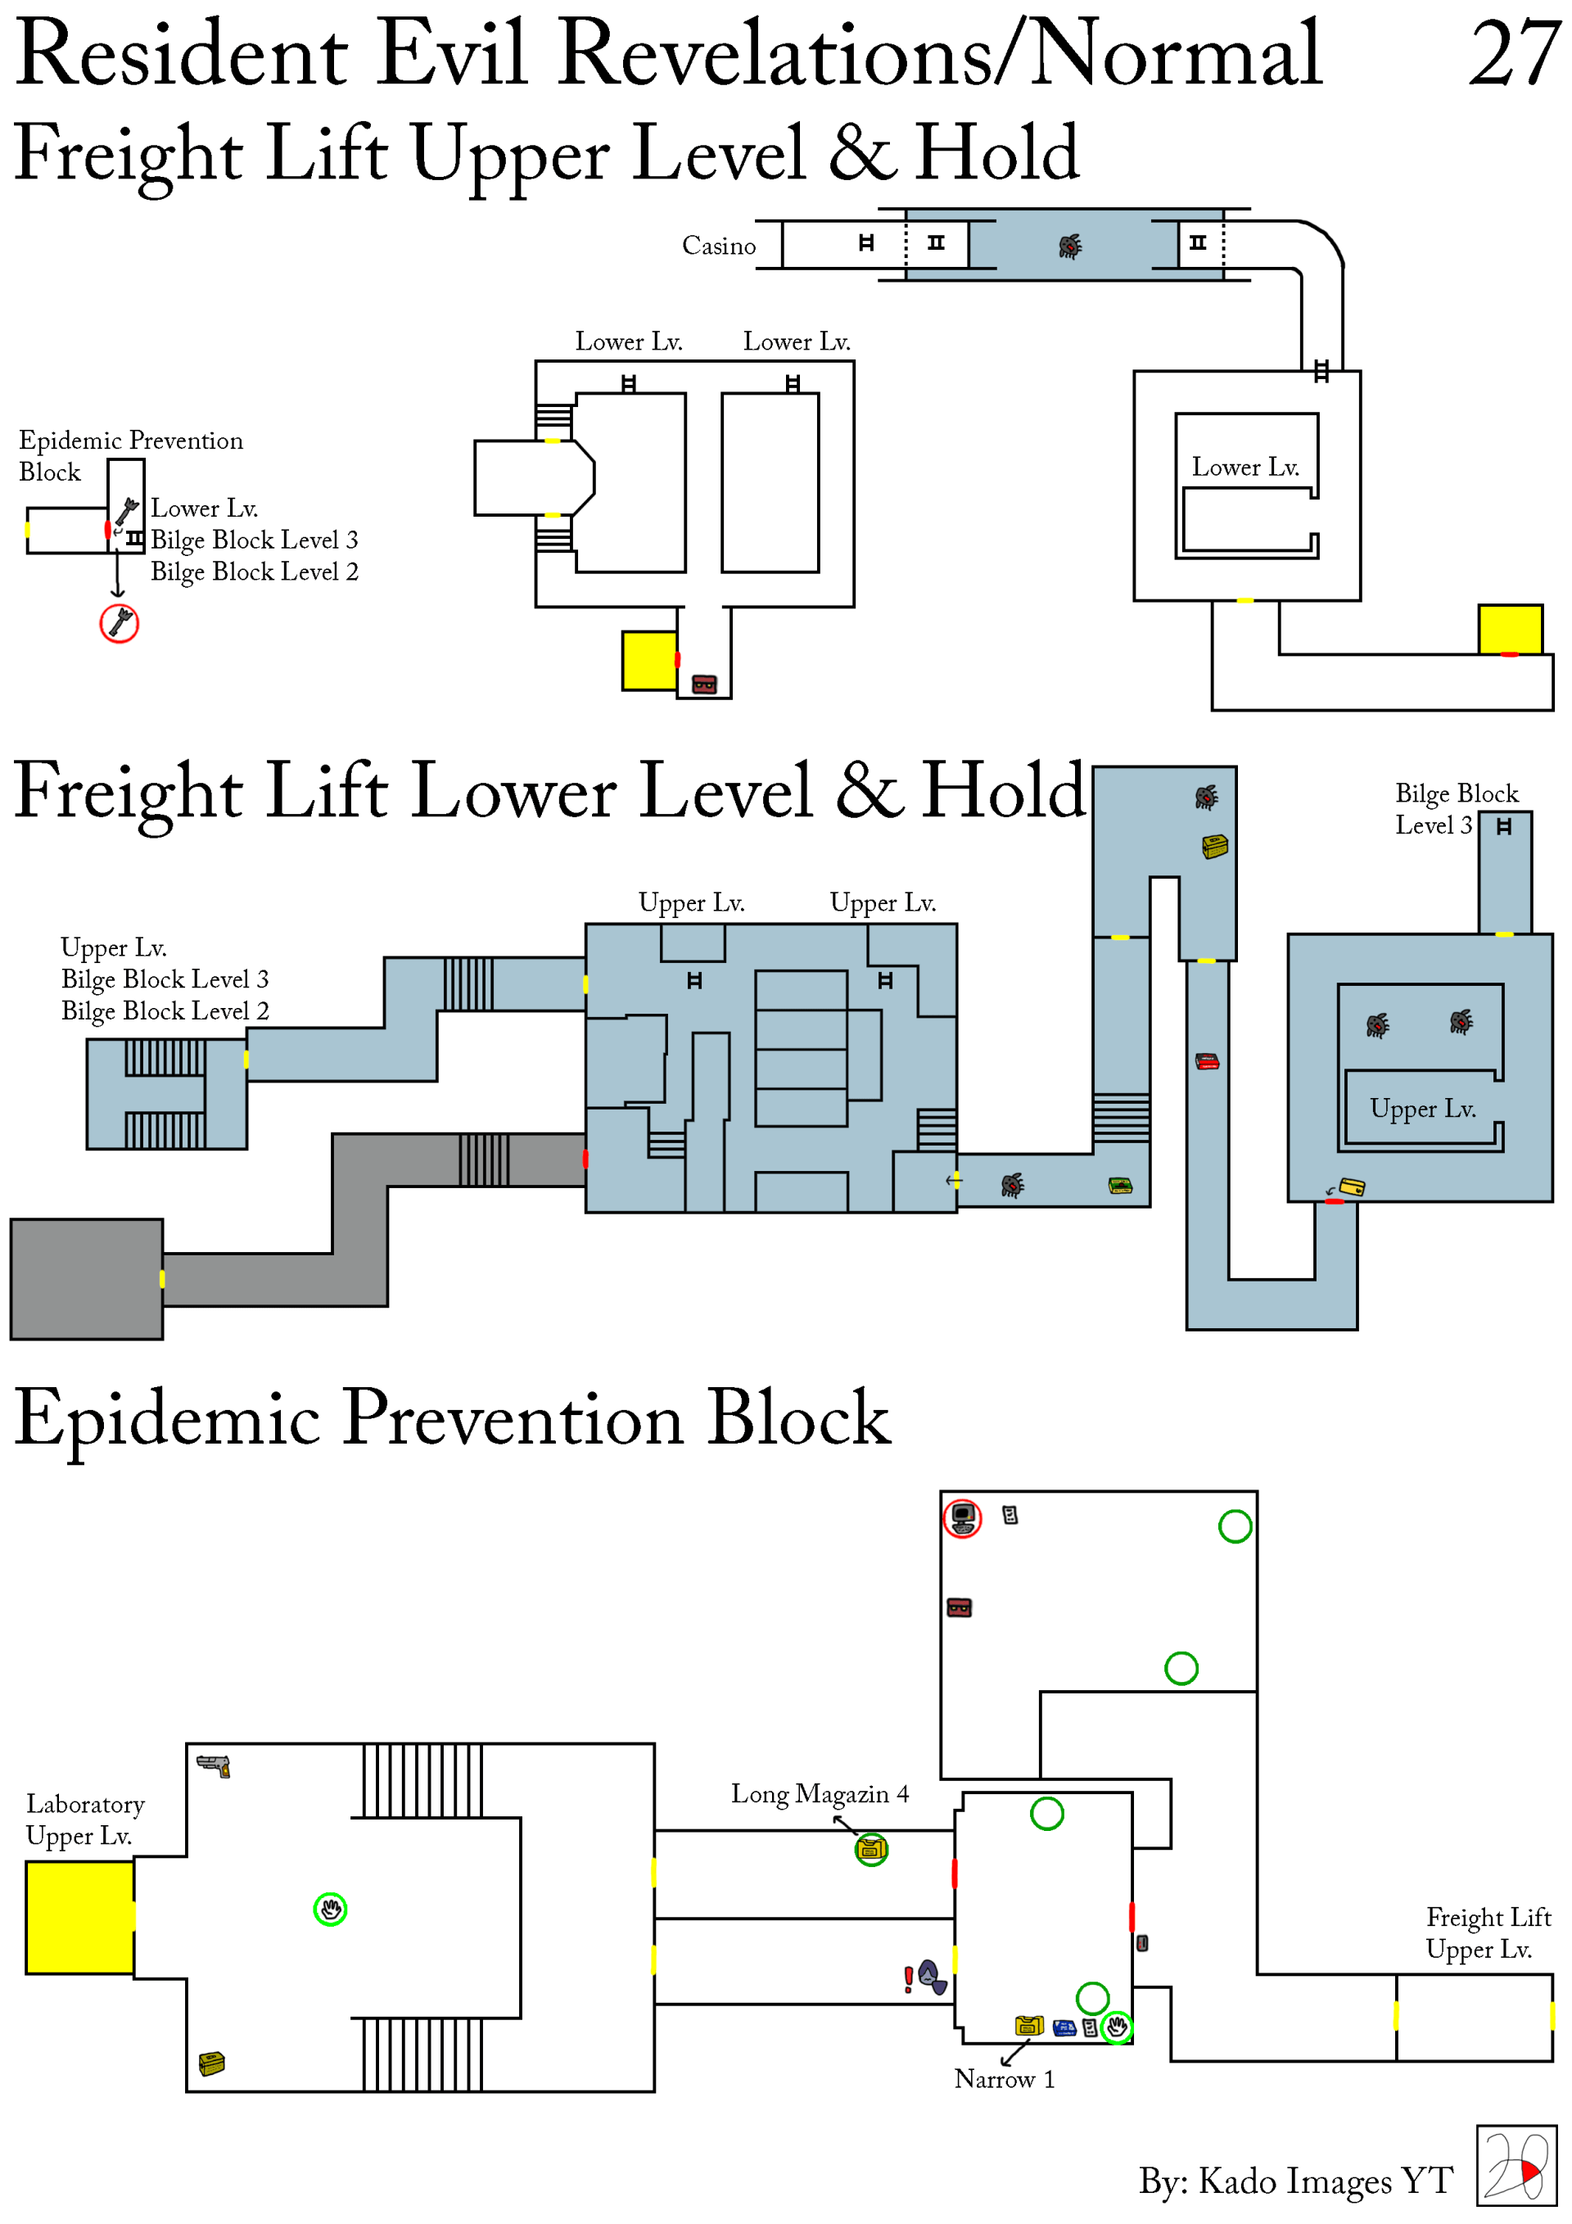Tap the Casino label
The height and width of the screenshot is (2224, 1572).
point(718,246)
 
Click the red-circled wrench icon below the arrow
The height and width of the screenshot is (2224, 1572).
point(120,623)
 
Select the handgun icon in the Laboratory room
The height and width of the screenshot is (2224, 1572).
point(213,1765)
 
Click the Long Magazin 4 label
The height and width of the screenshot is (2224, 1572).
point(820,1794)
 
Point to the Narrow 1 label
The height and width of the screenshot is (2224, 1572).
point(1004,2079)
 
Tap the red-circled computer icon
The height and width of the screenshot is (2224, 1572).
point(962,1518)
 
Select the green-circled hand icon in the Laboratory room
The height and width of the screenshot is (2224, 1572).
point(330,1910)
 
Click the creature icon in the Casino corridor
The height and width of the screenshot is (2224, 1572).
point(1069,246)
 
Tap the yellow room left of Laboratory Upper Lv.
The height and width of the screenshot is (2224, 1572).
point(79,1917)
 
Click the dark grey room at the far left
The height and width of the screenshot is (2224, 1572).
point(86,1278)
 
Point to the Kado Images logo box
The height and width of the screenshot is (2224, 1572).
point(1516,2166)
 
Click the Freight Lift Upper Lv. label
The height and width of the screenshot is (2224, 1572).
point(1488,1933)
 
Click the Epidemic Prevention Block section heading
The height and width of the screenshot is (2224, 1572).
point(452,1418)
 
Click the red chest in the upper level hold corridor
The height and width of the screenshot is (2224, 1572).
point(704,685)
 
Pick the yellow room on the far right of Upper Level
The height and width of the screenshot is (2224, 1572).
point(1509,630)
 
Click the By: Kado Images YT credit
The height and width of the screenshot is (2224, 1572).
point(1295,2181)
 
